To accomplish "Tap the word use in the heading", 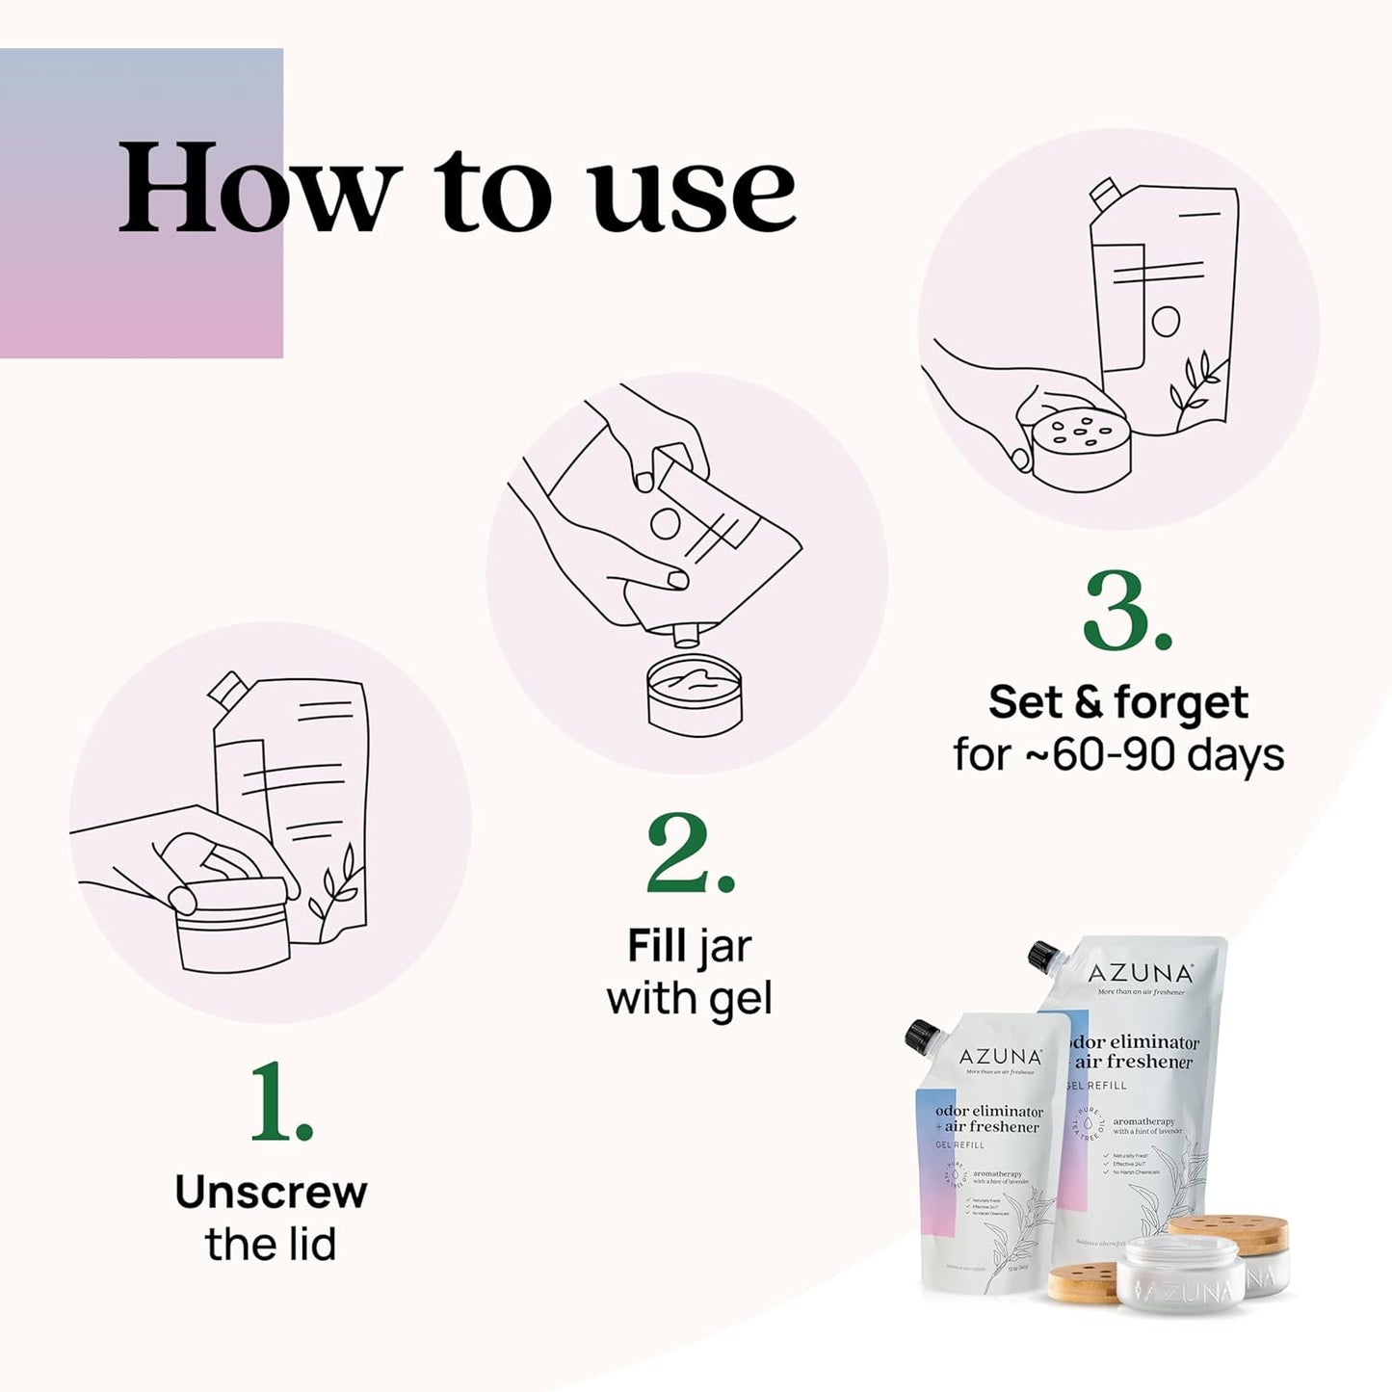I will click(694, 193).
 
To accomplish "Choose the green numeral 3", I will click(1125, 613).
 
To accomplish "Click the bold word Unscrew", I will click(271, 1193).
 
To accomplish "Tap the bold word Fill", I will click(657, 946).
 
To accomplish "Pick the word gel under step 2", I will click(741, 1000).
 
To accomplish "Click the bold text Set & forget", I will click(1117, 702).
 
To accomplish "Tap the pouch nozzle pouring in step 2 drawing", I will click(686, 634).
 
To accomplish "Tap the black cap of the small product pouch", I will click(923, 1037).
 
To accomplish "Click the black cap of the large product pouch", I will click(1044, 957).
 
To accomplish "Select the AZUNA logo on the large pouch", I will click(1141, 973).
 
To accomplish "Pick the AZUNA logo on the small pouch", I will click(1001, 1057).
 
